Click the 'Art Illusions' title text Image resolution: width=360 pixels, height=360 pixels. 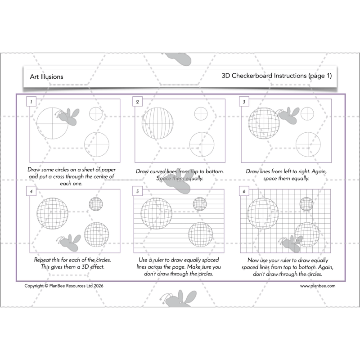tap(47, 76)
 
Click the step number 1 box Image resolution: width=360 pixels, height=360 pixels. tap(31, 102)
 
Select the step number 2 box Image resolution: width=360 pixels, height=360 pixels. tap(137, 102)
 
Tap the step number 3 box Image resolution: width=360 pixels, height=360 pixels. tap(244, 102)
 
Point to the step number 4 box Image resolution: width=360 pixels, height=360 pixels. tap(31, 191)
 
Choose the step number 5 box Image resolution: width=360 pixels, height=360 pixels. tap(137, 191)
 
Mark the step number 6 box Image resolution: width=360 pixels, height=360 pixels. tap(244, 191)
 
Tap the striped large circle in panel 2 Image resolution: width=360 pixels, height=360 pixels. tap(157, 123)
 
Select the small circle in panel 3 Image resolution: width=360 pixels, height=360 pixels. tap(307, 113)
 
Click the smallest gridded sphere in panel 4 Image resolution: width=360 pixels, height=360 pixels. tap(96, 204)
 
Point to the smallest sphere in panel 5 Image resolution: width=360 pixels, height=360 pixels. tap(200, 204)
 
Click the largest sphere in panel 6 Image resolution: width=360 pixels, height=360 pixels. tap(263, 213)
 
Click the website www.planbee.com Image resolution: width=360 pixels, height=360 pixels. tap(318, 286)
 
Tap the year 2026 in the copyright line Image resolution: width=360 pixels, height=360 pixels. tap(99, 286)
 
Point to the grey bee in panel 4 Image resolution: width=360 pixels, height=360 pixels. tap(69, 243)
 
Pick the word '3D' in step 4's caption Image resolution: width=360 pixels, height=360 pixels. tap(85, 267)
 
